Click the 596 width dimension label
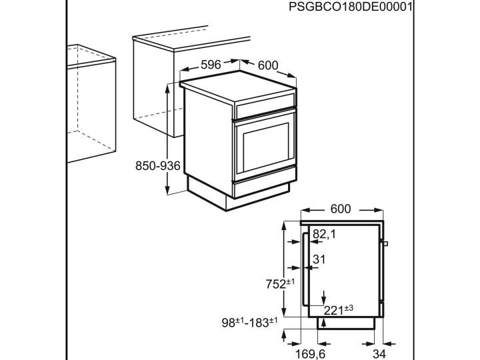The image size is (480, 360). (x=211, y=65)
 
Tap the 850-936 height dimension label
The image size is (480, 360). (x=158, y=166)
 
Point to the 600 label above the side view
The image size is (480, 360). (x=340, y=209)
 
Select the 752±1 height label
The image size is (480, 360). (x=280, y=283)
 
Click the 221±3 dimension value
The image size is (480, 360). (x=339, y=309)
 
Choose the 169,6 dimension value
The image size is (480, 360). (x=311, y=354)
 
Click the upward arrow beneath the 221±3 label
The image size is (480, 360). (x=323, y=323)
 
